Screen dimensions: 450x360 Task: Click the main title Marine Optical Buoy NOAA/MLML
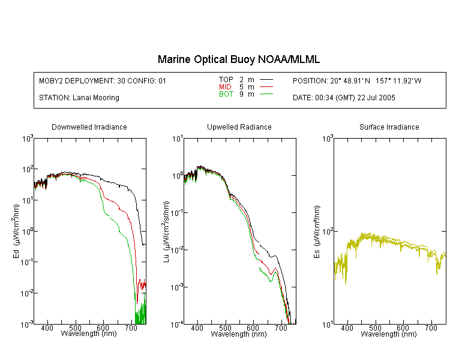(238, 59)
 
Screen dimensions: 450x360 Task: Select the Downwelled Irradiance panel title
(89, 127)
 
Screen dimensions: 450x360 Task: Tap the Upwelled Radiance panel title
(239, 127)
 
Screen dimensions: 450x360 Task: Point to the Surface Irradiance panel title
(389, 127)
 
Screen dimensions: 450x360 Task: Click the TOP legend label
(226, 80)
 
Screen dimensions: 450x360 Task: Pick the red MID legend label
(225, 86)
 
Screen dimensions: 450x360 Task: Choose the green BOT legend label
(226, 94)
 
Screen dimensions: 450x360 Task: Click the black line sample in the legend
(266, 80)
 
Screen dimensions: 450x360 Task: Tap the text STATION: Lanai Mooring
(79, 98)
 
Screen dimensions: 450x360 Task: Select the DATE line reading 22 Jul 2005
(344, 98)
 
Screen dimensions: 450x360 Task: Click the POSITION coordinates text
(357, 80)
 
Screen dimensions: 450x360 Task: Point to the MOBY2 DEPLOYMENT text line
(103, 80)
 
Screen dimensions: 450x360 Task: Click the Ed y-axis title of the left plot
(16, 231)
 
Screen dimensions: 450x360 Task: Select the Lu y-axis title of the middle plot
(166, 232)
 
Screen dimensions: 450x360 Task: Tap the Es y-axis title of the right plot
(317, 232)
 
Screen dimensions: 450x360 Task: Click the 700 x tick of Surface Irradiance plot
(431, 328)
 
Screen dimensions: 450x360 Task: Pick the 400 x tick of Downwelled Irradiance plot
(47, 328)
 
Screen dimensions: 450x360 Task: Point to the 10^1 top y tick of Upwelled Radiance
(177, 139)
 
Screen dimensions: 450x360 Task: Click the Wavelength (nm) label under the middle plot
(239, 334)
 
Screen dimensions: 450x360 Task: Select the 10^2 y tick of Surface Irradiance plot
(327, 232)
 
